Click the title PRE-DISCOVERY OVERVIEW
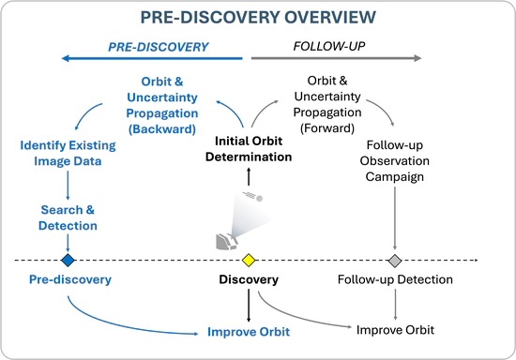258,18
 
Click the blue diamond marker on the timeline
68,260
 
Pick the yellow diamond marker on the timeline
249,260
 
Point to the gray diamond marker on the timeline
395,260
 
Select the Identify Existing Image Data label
68,153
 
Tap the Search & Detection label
68,217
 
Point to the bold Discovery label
249,279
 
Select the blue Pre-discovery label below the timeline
69,279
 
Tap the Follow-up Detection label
395,279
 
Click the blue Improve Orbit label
249,332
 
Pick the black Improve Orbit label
395,329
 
